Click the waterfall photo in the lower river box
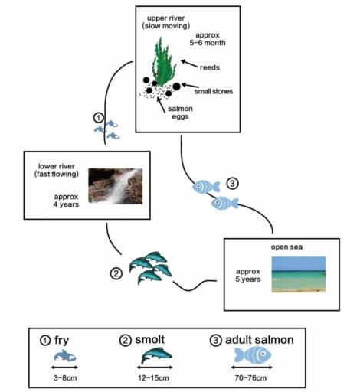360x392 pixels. tap(115, 186)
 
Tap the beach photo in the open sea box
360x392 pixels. tap(298, 274)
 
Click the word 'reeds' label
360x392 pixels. tap(210, 67)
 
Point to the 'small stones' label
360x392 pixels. tap(214, 91)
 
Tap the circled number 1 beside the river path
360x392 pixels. tap(98, 117)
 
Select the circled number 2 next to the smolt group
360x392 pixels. tap(116, 273)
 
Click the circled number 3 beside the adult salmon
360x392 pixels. tap(234, 184)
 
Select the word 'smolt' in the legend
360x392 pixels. tap(155, 338)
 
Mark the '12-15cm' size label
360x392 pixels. tap(154, 378)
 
